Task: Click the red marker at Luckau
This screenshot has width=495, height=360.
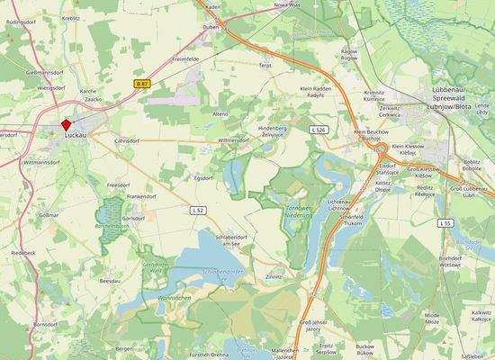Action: [66, 125]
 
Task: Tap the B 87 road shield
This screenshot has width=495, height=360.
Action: [140, 83]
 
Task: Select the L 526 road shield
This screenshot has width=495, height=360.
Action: [318, 130]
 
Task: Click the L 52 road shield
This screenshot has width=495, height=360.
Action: [199, 209]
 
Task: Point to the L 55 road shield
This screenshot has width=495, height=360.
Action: [445, 222]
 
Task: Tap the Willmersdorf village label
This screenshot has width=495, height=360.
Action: [233, 140]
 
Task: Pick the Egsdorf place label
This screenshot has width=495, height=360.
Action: [205, 177]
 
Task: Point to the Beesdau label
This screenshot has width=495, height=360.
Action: [111, 281]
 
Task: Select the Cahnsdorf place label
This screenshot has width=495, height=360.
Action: [130, 141]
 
